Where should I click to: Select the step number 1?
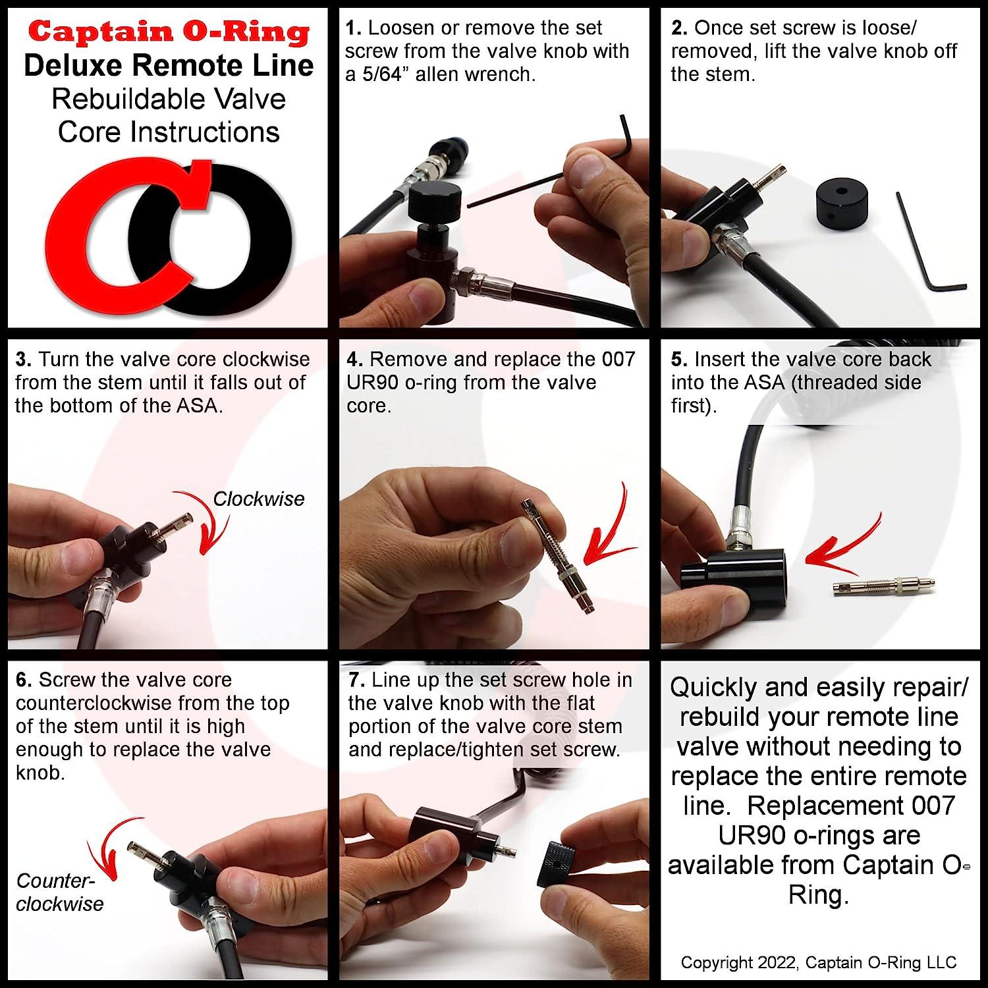(x=353, y=28)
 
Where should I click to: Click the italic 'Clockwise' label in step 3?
(x=258, y=499)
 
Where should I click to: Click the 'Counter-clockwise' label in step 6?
(x=59, y=892)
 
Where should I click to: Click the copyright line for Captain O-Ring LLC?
(x=818, y=962)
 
